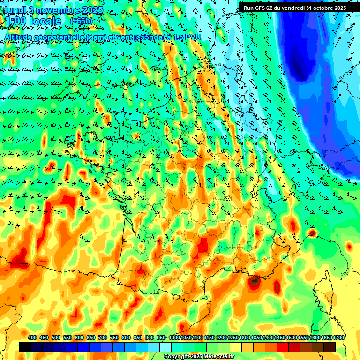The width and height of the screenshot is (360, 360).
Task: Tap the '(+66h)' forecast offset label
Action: [x=81, y=21]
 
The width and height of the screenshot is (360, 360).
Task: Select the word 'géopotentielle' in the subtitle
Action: [x=60, y=37]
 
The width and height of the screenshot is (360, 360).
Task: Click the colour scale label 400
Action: [x=32, y=338]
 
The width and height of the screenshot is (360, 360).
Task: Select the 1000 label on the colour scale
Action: [x=174, y=338]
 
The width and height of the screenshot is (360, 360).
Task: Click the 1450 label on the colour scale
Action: [x=279, y=338]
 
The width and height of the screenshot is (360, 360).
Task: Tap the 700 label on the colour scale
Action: [x=103, y=338]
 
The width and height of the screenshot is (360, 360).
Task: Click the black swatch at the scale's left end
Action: [x=25, y=347]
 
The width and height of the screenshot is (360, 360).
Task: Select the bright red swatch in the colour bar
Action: [x=283, y=347]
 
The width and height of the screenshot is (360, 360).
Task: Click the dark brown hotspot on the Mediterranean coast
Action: [x=255, y=281]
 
